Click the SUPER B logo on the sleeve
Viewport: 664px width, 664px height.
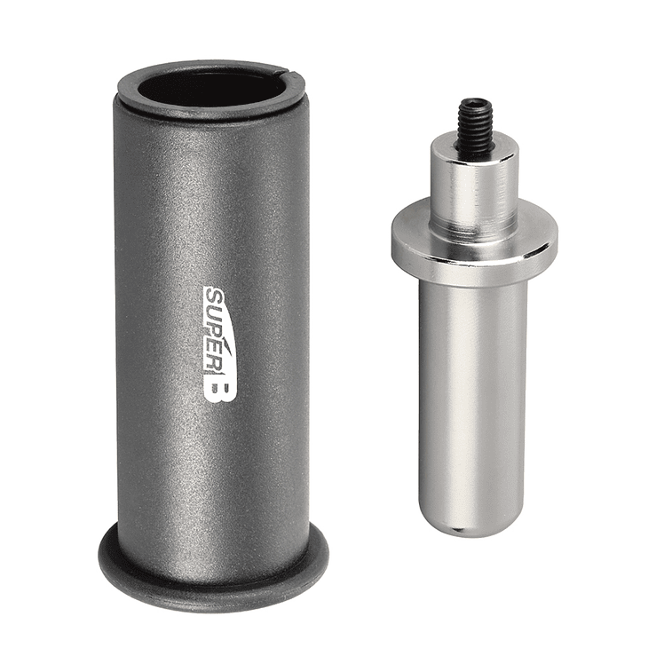tap(218, 343)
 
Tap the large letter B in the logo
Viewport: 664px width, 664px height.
tap(219, 386)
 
